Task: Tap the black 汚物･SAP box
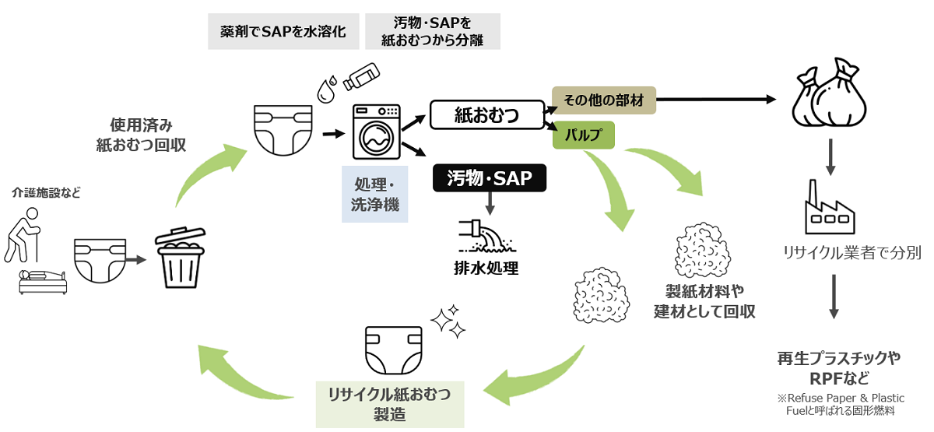(x=490, y=179)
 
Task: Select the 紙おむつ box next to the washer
(x=487, y=115)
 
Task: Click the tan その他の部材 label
(x=604, y=100)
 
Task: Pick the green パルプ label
(x=584, y=135)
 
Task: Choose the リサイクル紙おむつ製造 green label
(x=389, y=403)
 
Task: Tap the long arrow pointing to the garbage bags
(x=716, y=100)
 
